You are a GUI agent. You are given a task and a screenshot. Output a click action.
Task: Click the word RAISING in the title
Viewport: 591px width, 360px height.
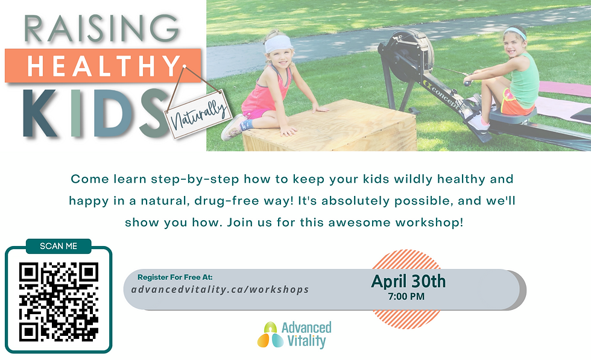coord(102,28)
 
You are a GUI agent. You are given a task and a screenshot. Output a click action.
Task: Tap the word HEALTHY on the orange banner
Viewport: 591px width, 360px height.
coord(104,66)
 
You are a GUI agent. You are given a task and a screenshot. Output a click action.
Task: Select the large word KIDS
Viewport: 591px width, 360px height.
coord(96,113)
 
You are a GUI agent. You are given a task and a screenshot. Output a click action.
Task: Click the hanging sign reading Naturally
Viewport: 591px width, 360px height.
coord(198,115)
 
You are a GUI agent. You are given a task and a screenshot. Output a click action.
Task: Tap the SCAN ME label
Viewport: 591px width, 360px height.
coord(58,246)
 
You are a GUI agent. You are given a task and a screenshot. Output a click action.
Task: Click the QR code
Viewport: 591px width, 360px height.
coord(59,302)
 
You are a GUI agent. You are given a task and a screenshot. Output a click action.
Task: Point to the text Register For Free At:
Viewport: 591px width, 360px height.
coord(175,277)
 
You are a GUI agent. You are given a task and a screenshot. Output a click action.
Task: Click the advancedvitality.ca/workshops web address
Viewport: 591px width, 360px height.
coord(220,289)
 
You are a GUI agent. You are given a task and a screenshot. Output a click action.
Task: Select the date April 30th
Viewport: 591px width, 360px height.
coord(408,281)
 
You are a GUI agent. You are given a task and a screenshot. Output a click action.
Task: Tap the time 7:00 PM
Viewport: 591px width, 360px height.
coord(406,297)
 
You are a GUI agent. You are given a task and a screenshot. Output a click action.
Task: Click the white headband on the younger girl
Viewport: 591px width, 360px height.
coord(278,44)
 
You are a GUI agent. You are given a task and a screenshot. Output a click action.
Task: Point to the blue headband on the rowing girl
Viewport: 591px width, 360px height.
coord(515,33)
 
